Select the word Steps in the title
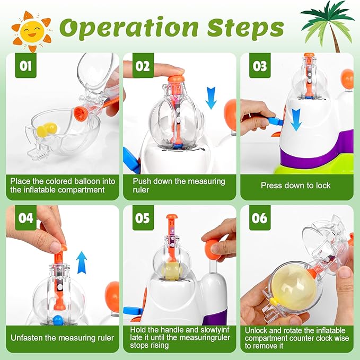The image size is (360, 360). pos(245,28)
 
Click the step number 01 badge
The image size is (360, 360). pos(25,66)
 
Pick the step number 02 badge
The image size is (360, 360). pos(143,66)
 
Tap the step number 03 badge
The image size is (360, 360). pos(260,66)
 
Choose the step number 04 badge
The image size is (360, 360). pos(25,218)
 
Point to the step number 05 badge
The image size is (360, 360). pos(143,218)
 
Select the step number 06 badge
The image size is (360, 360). pos(260,218)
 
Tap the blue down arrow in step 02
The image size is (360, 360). pos(211,98)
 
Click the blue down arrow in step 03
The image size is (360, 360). pos(296,119)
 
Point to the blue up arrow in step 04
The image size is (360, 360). pos(82,262)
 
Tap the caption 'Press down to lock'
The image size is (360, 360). pos(295,185)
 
